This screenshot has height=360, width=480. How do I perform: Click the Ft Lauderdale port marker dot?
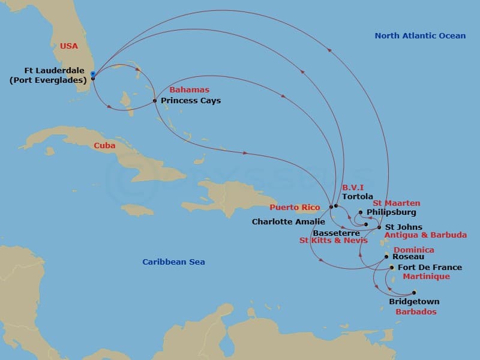pos(92,75)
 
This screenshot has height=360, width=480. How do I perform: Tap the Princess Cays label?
pos(191,100)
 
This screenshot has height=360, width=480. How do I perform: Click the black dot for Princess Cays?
pos(155,100)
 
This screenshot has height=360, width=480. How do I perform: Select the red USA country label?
pos(69,46)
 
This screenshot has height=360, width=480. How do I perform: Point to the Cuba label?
pos(104,145)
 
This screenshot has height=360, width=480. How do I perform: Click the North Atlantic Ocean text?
pos(420,35)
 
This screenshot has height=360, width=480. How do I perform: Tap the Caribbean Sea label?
pos(173,262)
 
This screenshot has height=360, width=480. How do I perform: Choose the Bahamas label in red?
pos(190,89)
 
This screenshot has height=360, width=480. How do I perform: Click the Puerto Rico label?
pos(295,207)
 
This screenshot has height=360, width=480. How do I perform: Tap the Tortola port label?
pos(358,196)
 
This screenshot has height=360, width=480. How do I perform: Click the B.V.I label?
pos(353,187)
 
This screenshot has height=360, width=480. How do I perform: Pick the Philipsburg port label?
pos(391,212)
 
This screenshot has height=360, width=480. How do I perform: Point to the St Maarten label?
pos(397,203)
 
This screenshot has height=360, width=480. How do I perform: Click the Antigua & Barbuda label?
pos(425,235)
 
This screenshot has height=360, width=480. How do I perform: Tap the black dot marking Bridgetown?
pos(414,293)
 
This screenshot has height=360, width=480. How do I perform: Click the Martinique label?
pos(426,276)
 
